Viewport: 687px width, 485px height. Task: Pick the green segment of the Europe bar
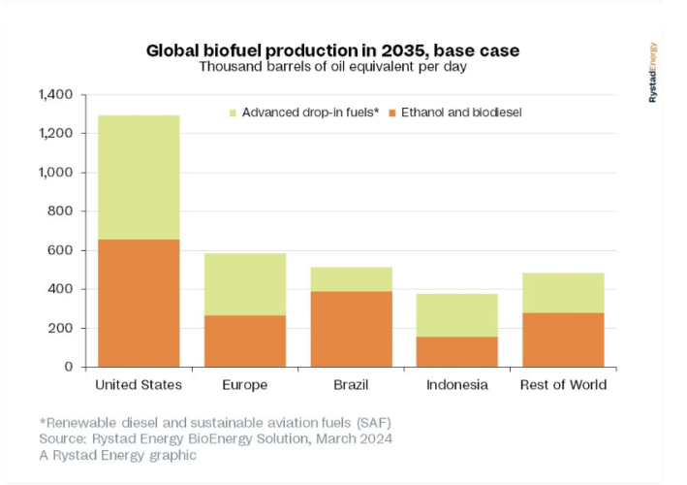[x=244, y=284]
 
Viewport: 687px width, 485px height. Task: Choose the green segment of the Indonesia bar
[x=456, y=315]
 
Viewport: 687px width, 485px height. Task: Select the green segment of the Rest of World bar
[x=562, y=292]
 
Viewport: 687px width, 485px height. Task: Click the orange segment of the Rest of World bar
[x=562, y=339]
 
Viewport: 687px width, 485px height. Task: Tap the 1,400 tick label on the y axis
[x=55, y=95]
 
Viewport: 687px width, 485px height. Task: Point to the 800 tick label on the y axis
[x=61, y=211]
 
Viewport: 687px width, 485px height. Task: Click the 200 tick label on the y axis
[x=61, y=328]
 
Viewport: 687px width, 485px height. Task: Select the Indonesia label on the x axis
[x=456, y=385]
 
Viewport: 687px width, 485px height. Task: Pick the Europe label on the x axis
[x=244, y=385]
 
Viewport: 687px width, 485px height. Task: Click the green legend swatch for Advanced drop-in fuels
[x=233, y=113]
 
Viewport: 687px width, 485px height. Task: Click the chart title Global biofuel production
[x=340, y=49]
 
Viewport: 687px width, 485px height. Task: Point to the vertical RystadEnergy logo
[x=653, y=73]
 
